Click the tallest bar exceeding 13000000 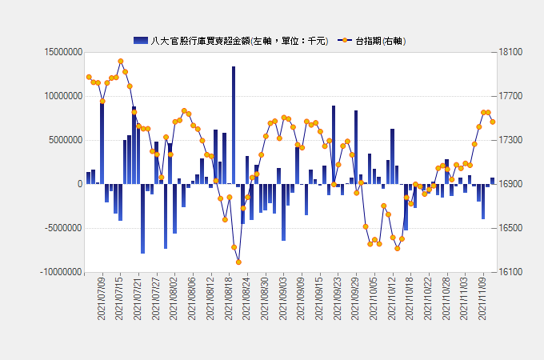coord(234,125)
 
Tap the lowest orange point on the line coord(238,262)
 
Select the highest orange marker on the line coord(121,62)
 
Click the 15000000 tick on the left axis coord(63,52)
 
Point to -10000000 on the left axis coord(61,272)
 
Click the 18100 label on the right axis coord(510,52)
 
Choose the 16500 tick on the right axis coord(510,228)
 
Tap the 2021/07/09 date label coord(102,298)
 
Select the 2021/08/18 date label coord(228,298)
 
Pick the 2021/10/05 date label coord(374,298)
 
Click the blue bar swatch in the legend coord(141,41)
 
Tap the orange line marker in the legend coord(345,41)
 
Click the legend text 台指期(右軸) coord(381,41)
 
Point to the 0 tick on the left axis coord(80,184)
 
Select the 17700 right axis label coord(510,96)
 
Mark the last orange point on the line coord(493,122)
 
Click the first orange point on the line coord(89,77)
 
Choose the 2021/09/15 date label coord(319,298)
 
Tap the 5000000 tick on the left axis coord(66,140)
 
